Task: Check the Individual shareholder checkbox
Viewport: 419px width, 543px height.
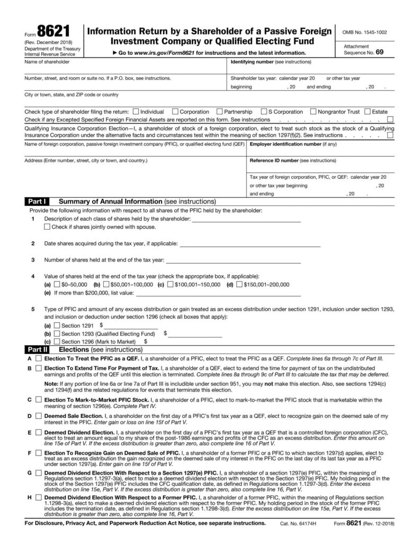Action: click(136, 112)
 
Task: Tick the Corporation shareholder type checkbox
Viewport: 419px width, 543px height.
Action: click(175, 112)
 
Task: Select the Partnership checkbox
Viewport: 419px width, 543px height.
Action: click(219, 112)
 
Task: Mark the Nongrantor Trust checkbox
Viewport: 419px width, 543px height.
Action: click(314, 112)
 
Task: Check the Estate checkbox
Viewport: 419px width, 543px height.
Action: click(368, 112)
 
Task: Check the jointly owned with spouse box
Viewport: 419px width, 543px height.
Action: click(47, 227)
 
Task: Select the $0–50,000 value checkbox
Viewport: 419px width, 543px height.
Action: click(57, 285)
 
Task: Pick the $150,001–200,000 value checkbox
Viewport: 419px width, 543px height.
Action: click(238, 285)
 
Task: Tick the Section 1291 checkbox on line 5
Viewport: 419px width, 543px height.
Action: click(57, 325)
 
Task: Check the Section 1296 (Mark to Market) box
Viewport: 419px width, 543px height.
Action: click(57, 342)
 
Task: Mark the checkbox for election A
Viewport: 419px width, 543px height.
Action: click(38, 359)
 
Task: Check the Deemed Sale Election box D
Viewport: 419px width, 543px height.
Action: click(38, 416)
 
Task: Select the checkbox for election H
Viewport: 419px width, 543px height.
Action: click(38, 498)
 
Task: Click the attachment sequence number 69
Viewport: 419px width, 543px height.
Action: click(380, 53)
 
